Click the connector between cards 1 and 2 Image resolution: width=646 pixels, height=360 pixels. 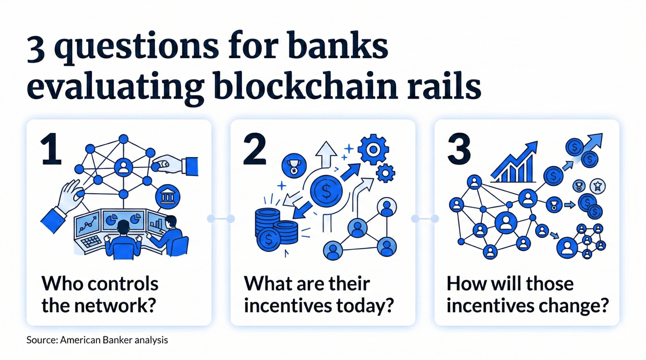click(x=221, y=218)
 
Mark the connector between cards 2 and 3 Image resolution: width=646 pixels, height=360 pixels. click(x=425, y=218)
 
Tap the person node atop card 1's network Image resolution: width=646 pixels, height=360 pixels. click(x=124, y=167)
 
